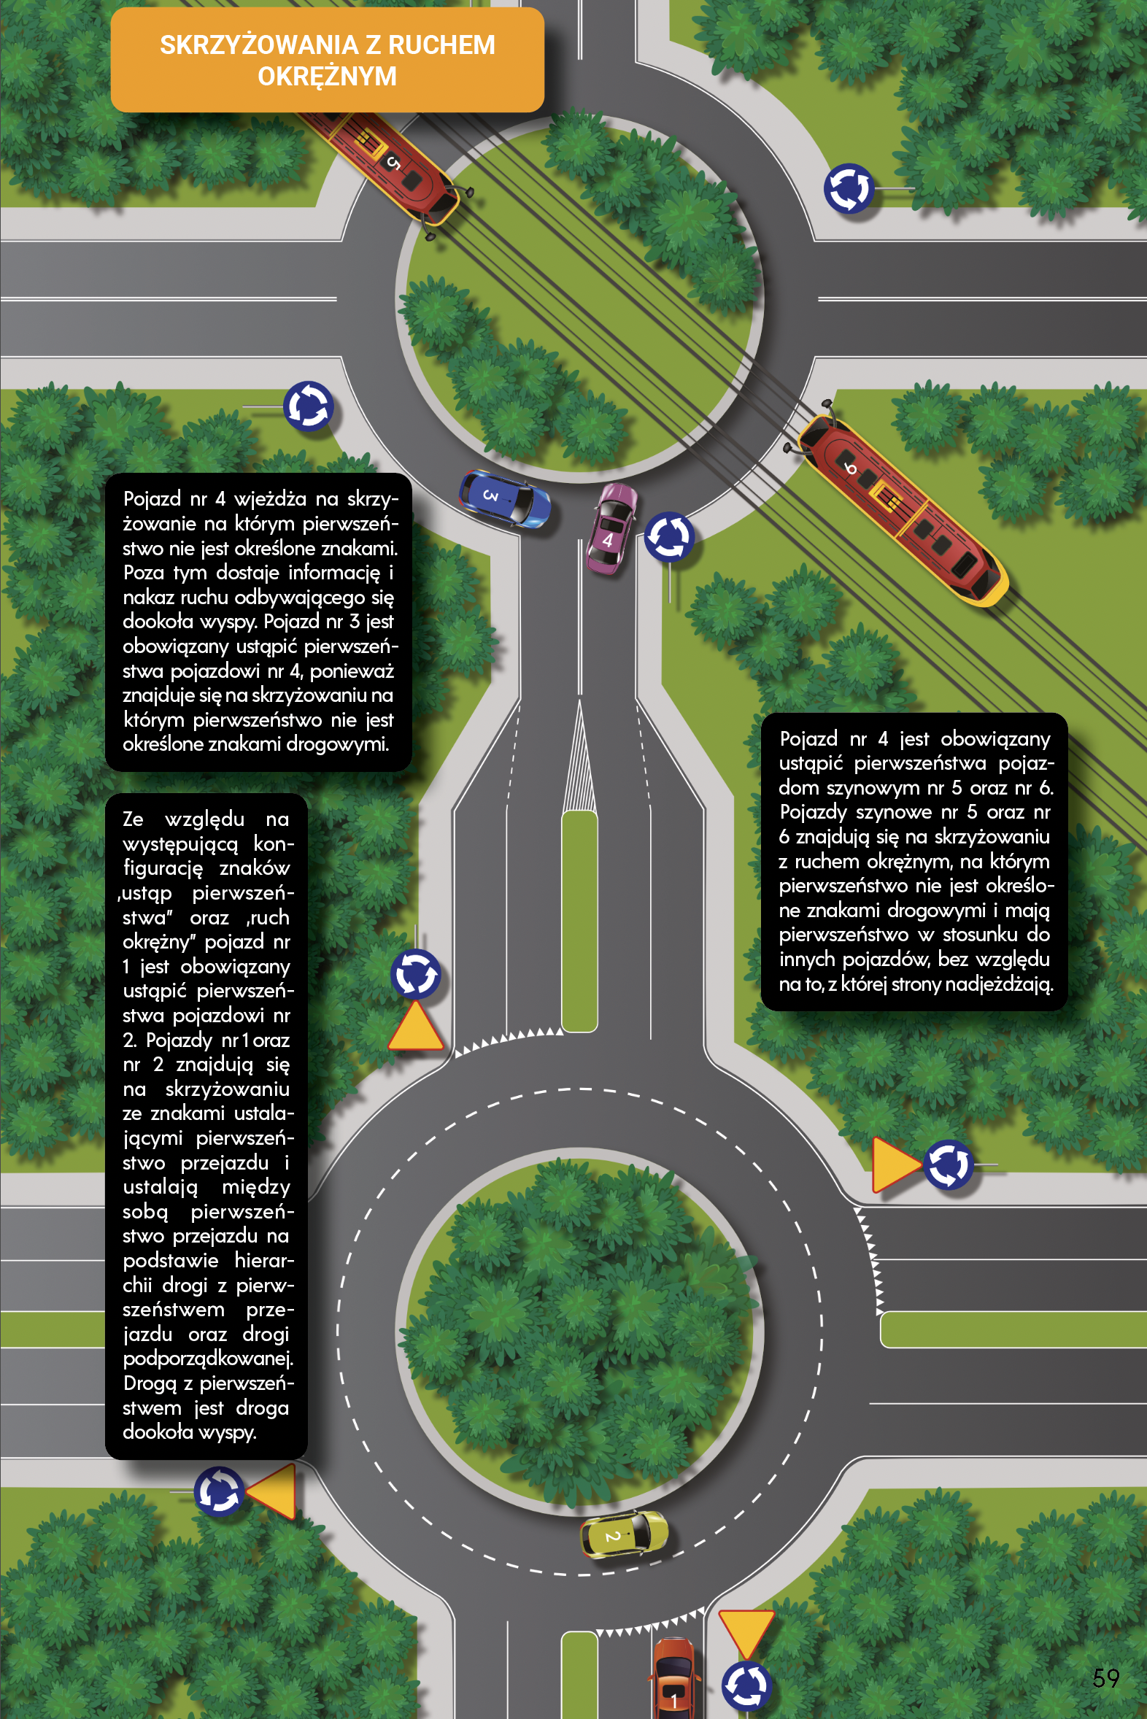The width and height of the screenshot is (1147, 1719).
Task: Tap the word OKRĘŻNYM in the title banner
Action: pyautogui.click(x=327, y=76)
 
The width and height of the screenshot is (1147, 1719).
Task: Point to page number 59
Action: pyautogui.click(x=1105, y=1677)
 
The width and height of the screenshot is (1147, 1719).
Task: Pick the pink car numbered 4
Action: pyautogui.click(x=611, y=528)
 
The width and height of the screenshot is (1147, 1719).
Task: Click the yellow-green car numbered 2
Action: pyautogui.click(x=623, y=1534)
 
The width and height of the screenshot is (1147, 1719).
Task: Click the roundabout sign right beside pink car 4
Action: pyautogui.click(x=668, y=536)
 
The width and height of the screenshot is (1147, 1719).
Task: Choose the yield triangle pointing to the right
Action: pyautogui.click(x=896, y=1164)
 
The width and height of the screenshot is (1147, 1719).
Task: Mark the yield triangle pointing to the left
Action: pyautogui.click(x=272, y=1491)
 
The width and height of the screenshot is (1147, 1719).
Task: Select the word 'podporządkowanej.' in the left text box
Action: pyautogui.click(x=208, y=1359)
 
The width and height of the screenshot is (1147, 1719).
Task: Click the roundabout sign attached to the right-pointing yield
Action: pyautogui.click(x=948, y=1164)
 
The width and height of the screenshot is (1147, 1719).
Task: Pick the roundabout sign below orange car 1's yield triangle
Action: pyautogui.click(x=746, y=1686)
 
